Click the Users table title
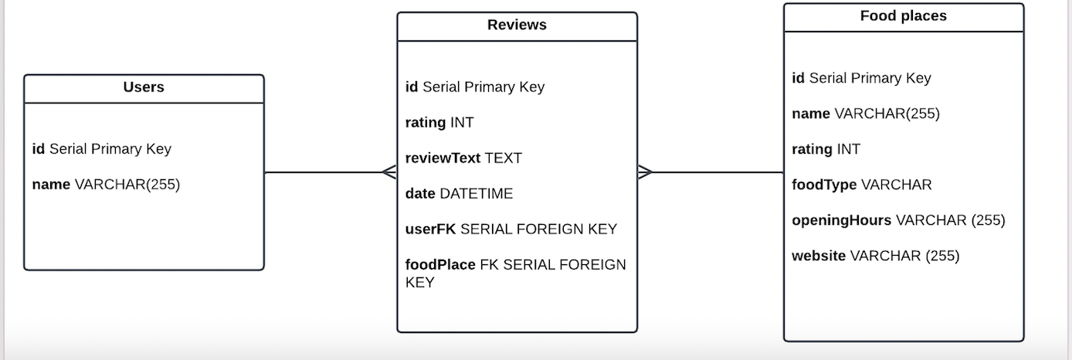click(144, 87)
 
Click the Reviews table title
click(517, 25)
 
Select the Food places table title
click(903, 15)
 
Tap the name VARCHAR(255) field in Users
click(106, 184)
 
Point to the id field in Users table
click(101, 148)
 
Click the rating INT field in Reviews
click(439, 122)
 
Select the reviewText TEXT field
click(463, 158)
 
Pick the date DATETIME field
click(459, 193)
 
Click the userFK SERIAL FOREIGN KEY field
click(511, 229)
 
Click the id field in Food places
click(861, 77)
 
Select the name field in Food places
click(866, 114)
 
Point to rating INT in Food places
click(826, 149)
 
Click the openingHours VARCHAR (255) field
click(898, 220)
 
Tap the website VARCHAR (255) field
click(875, 256)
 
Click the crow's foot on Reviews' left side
click(389, 172)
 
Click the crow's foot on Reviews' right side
click(645, 172)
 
